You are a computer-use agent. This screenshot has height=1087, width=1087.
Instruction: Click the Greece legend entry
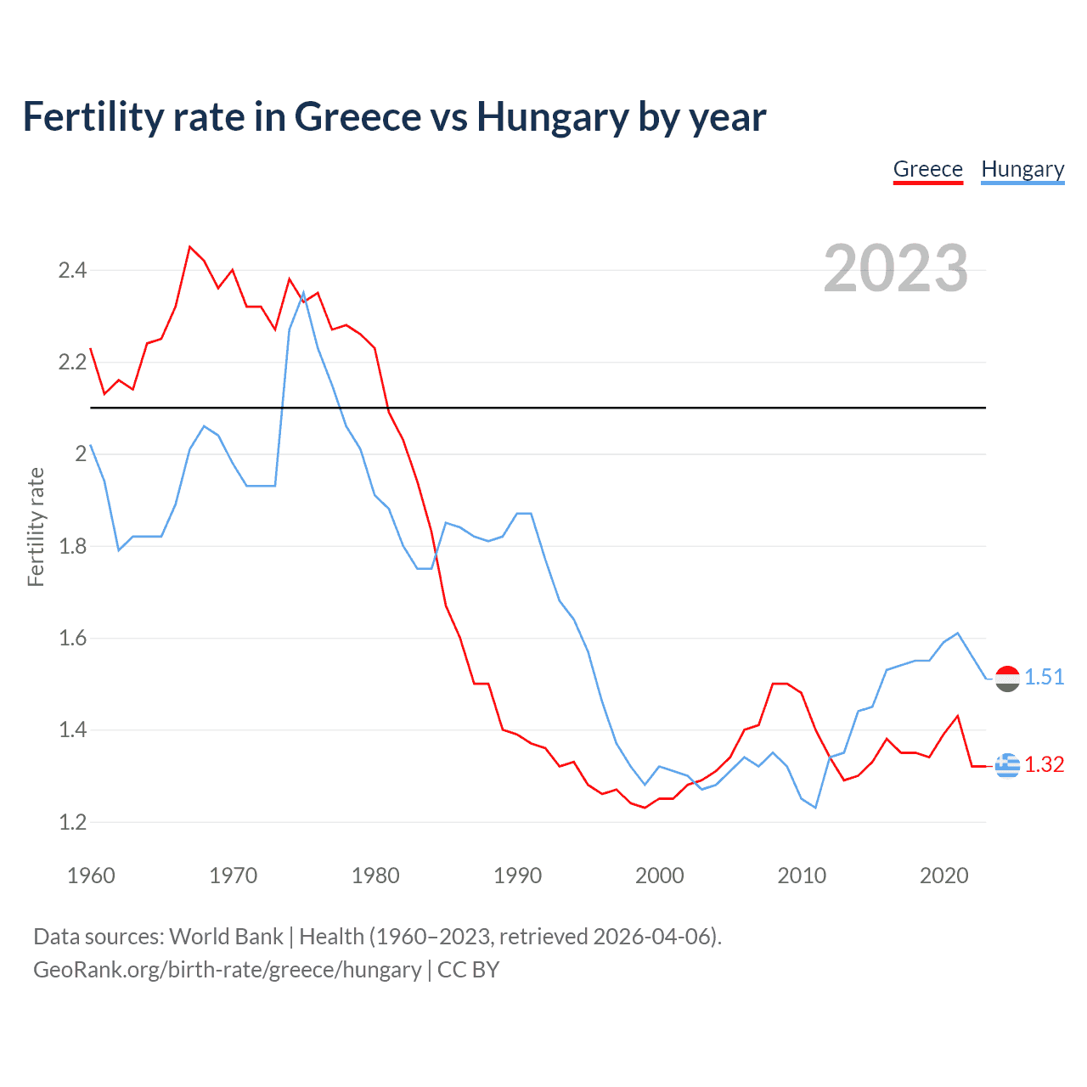927,170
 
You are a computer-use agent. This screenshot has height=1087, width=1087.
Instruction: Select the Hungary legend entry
1022,170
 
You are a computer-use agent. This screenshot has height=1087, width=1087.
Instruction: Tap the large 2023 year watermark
895,268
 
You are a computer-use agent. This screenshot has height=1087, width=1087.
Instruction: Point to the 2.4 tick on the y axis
72,271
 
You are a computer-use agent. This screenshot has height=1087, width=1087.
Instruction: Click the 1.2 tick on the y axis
72,822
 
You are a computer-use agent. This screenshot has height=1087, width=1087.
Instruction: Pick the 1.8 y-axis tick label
72,546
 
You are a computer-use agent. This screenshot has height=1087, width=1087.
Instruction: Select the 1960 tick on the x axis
91,876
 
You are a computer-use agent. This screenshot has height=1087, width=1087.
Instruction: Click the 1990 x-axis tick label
517,876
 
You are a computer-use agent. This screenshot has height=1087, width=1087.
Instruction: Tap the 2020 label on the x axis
943,876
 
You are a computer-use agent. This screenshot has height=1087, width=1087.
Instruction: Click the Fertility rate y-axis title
36,527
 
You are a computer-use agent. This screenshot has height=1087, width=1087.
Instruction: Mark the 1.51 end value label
1044,677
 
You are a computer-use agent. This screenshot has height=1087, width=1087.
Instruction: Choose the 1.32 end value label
1044,764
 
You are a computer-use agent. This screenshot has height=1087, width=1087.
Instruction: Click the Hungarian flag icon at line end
1007,679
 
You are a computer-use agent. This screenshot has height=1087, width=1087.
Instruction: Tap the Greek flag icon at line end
1007,765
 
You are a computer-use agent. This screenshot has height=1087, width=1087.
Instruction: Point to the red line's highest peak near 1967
190,247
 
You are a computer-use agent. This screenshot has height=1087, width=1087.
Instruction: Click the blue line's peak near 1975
303,293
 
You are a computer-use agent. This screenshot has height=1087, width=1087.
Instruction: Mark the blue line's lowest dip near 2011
815,807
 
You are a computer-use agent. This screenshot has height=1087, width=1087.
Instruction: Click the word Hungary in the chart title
552,117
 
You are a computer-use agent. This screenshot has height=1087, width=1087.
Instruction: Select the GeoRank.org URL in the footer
227,970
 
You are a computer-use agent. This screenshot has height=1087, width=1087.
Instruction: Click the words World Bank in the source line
226,937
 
